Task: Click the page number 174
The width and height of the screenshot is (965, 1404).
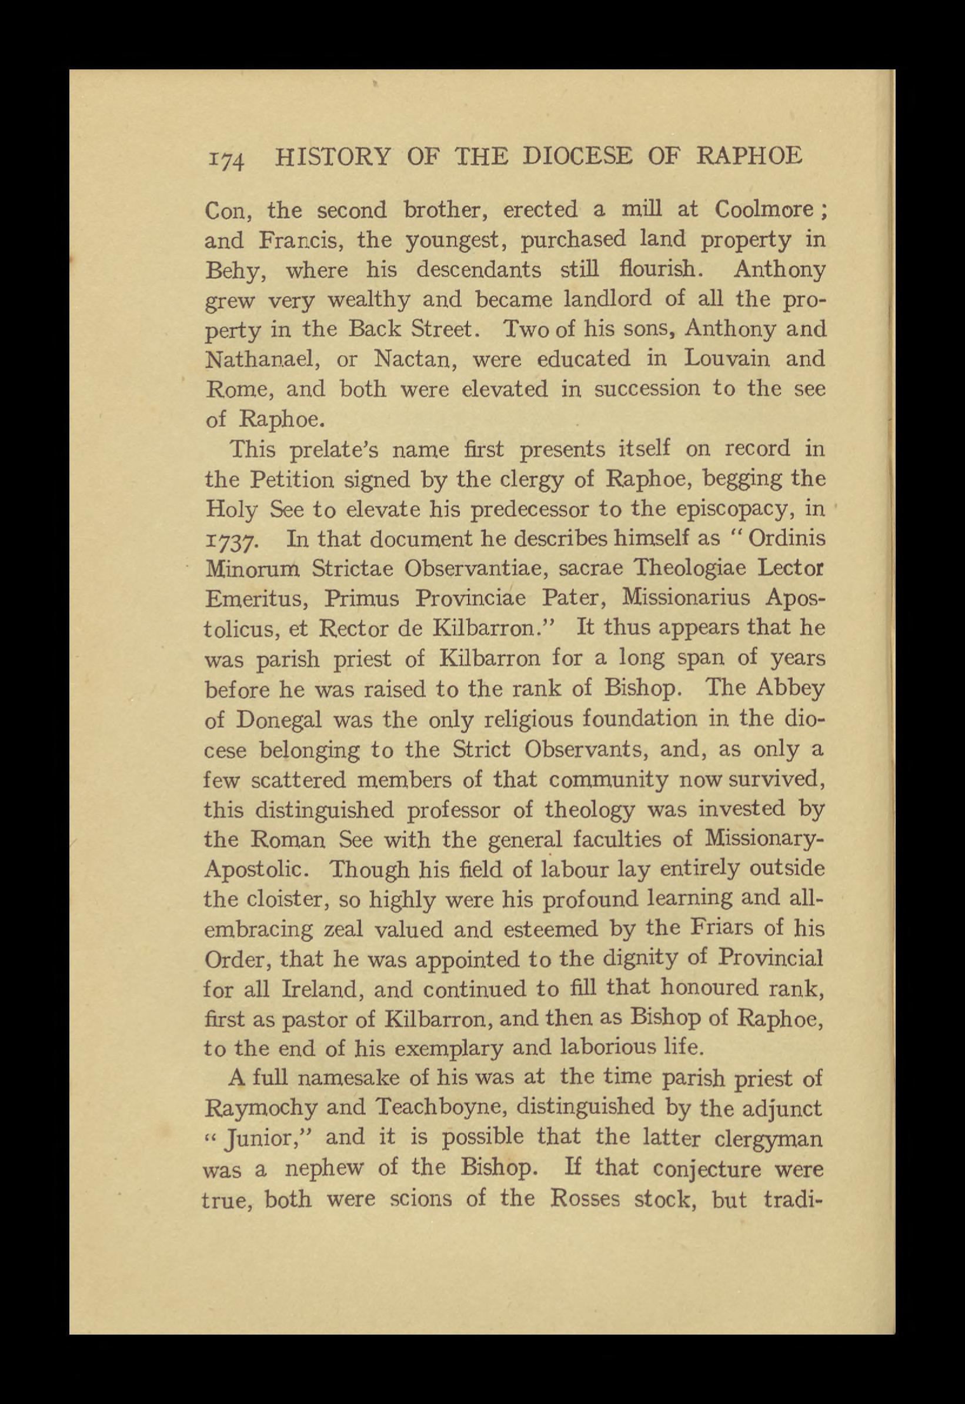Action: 226,159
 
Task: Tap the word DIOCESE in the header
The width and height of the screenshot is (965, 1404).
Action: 577,157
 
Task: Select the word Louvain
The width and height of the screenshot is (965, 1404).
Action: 727,359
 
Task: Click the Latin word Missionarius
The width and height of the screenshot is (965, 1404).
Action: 687,599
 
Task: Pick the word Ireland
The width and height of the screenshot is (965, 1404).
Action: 321,990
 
